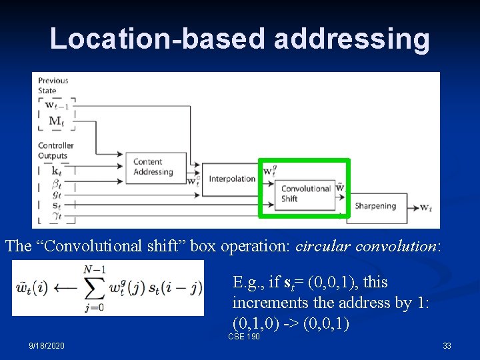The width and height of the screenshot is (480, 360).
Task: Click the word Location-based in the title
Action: tap(157, 39)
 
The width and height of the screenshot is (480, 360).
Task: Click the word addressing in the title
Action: tap(351, 39)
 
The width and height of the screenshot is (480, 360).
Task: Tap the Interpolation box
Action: tap(232, 179)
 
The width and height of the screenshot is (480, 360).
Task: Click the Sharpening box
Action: tap(375, 206)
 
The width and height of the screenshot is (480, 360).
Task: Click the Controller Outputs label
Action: tap(55, 151)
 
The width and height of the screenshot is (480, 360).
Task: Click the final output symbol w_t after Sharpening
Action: tap(426, 207)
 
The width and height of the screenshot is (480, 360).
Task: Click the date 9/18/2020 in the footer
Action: tap(47, 346)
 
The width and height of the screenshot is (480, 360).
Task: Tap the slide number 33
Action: tap(447, 346)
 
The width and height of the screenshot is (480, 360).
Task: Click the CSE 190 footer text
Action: tap(243, 337)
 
